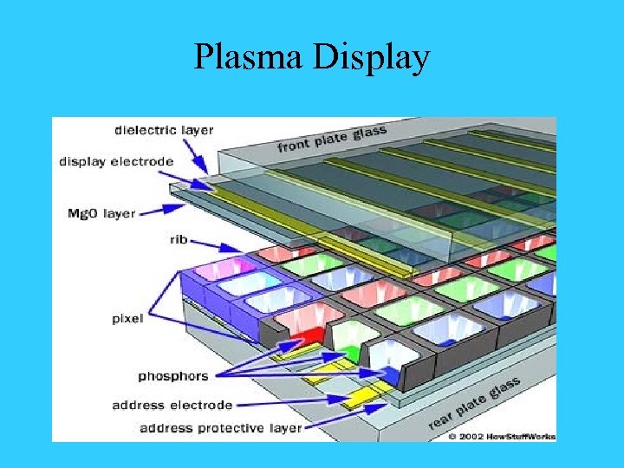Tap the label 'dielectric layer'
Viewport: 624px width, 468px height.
tap(164, 130)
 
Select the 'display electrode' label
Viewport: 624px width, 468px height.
tap(116, 160)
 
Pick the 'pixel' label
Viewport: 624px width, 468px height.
tap(127, 318)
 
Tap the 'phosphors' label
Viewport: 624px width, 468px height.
tap(173, 376)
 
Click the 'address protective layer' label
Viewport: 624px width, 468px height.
tap(220, 427)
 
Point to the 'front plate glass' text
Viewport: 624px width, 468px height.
tap(332, 140)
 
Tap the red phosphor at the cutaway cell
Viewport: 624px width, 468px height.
tap(307, 334)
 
